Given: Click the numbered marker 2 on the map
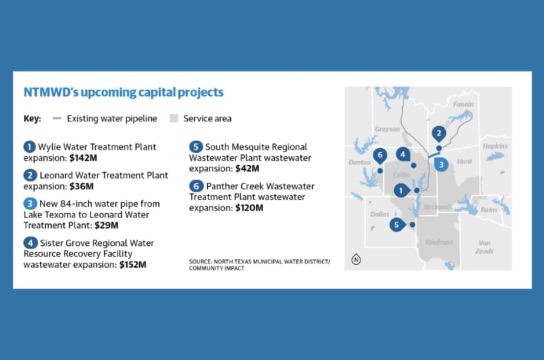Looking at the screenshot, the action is coord(438,134).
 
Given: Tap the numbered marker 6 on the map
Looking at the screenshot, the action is coord(380,156).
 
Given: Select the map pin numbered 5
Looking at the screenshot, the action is coord(397,225).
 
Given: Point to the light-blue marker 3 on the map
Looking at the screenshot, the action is coord(441,164).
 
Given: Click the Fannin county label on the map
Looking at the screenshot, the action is coord(463,104).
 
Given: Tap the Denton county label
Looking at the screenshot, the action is coord(360,162).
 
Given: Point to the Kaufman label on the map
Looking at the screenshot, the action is coord(439,242).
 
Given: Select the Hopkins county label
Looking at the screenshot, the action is coord(495,146).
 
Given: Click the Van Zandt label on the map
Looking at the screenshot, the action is coord(484,246).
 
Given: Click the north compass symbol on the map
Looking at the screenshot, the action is coord(356,259).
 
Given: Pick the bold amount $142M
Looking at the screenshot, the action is coord(83,158).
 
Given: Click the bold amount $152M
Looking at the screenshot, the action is coord(133,265).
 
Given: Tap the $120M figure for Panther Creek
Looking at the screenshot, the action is coord(249,208).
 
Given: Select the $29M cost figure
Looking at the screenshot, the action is coord(107,226).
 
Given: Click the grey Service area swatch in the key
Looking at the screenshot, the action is coord(174,118).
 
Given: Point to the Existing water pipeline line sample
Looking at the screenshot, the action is coord(57,118).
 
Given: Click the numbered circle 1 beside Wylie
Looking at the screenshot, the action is coord(29,147).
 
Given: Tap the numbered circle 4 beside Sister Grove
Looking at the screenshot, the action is coord(30,243).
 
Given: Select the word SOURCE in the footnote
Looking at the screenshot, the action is coord(200,262).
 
